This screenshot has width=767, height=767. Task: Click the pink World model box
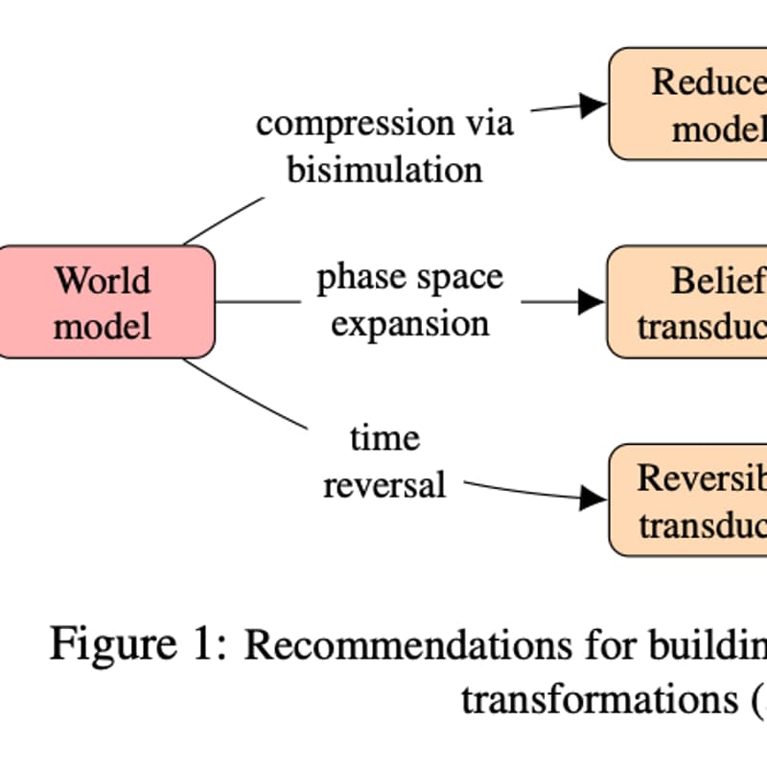tap(105, 302)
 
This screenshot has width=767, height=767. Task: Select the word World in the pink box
tap(103, 281)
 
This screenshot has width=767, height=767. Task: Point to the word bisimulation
tap(384, 170)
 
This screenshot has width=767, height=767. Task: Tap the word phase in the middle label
tap(356, 279)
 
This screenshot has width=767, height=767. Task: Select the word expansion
tap(410, 324)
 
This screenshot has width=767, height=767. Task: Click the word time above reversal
tap(384, 438)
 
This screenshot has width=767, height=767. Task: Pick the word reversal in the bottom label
tap(384, 484)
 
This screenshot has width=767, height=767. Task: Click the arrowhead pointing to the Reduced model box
tap(593, 105)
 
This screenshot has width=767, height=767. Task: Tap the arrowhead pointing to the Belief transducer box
tap(592, 302)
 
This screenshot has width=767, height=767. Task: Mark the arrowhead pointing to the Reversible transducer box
tap(593, 498)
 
